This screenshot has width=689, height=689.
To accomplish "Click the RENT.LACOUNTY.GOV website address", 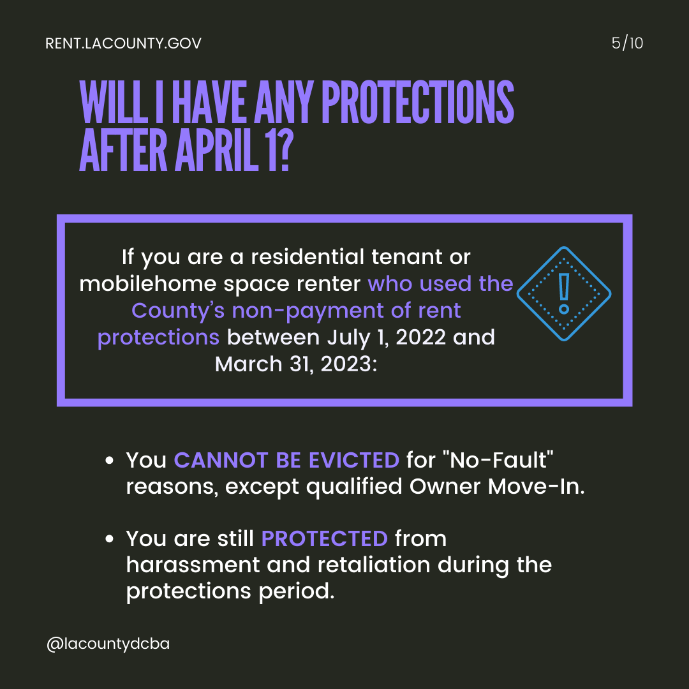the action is coord(124,43).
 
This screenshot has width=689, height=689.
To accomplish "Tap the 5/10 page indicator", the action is coord(627,43).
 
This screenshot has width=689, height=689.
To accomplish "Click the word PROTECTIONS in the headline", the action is coord(418,102).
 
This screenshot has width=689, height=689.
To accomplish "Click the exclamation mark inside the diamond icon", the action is coord(564,293).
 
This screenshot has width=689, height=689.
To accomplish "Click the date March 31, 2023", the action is coord(296,364).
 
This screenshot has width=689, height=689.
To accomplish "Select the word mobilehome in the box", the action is coord(148,283).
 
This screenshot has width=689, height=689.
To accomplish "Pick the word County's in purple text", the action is coord(178,311).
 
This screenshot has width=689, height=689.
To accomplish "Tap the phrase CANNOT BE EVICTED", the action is coord(286,460).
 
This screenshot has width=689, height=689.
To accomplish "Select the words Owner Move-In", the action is coord(497,486).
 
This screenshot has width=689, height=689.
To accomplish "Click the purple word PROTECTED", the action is coord(324,538).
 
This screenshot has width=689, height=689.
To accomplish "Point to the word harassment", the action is coord(193,565).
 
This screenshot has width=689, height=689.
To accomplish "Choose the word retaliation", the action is coord(373,565).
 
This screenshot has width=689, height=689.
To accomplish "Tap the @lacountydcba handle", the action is coord(108,644).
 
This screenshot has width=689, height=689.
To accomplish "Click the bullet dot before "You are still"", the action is coord(110,538).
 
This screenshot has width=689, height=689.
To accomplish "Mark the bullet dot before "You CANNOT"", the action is coord(110,461).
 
